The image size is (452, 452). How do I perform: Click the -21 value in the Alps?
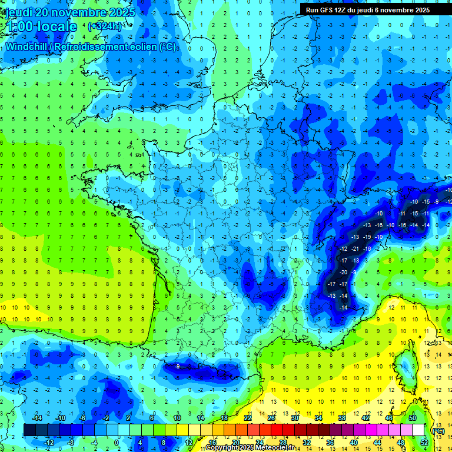355,249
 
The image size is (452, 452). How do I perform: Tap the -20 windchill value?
344,272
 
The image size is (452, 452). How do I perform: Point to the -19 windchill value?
367,237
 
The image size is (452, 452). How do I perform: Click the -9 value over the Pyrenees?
177,367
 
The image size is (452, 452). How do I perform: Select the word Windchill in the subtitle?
24,46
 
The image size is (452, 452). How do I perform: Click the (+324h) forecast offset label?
105,26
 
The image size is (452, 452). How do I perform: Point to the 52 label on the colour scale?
424,442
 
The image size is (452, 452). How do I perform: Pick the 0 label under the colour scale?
116,442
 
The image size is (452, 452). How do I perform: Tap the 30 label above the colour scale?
294,417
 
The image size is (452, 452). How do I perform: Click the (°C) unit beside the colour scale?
437,430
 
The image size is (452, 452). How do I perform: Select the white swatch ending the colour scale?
418,430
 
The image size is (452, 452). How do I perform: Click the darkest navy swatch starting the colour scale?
29,430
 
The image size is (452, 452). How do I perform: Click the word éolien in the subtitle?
141,46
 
